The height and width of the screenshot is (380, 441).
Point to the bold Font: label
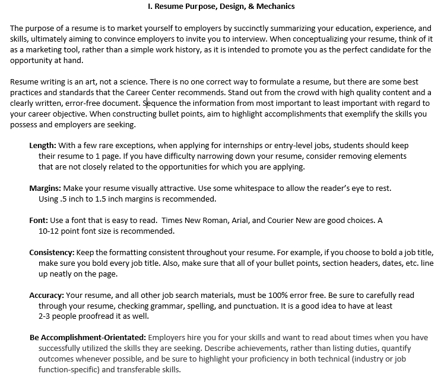point(40,220)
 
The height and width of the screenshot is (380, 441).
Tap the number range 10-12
point(49,231)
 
